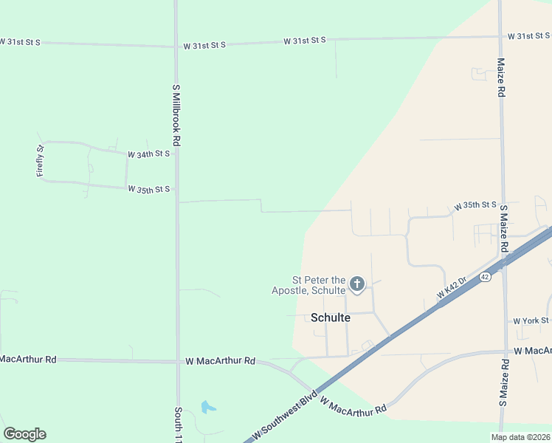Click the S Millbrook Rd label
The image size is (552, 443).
[176, 114]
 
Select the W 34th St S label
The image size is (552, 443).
[148, 154]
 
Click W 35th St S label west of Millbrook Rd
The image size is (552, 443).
[148, 190]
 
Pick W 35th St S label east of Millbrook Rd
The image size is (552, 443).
[475, 205]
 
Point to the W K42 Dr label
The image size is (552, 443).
[451, 287]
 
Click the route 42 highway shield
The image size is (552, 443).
[484, 277]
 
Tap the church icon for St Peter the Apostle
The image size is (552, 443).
[357, 284]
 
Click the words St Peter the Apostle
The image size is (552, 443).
[319, 285]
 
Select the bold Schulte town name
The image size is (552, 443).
[330, 317]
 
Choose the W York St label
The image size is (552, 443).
[531, 320]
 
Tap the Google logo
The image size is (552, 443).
[24, 434]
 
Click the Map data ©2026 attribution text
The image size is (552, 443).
[520, 437]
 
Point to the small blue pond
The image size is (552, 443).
[208, 406]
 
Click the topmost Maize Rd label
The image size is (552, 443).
[500, 78]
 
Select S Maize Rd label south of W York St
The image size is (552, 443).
[503, 383]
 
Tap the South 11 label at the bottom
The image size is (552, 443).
[178, 425]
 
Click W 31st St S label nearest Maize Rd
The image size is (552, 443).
[529, 36]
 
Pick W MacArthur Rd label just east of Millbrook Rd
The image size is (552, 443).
[220, 361]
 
